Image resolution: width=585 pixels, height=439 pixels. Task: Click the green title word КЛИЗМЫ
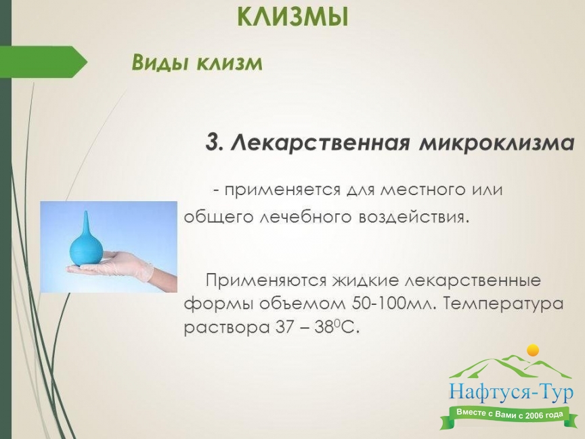(293, 17)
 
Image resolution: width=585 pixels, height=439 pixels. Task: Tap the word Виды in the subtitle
(160, 62)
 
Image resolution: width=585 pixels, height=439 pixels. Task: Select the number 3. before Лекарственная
(215, 142)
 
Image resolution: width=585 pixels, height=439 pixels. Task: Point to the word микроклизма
(496, 142)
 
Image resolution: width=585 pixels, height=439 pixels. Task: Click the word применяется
(282, 190)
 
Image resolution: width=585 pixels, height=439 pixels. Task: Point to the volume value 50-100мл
(393, 304)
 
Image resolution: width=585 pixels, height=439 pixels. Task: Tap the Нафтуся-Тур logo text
(511, 393)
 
